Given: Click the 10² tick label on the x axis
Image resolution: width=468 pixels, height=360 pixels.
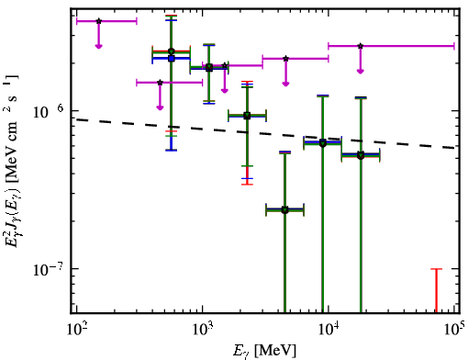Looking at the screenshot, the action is (76, 329).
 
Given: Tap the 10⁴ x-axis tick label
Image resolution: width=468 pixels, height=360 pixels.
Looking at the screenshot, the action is (329, 329).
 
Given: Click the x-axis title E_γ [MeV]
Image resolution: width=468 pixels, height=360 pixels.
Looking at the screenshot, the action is (264, 351).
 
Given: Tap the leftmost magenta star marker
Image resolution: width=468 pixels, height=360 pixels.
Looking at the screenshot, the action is (98, 21).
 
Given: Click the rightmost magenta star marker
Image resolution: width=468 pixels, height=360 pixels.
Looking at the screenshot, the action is (361, 46).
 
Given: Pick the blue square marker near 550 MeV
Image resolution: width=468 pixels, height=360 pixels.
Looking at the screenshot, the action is (172, 59).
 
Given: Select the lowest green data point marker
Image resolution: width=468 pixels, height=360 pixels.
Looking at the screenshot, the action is (285, 210).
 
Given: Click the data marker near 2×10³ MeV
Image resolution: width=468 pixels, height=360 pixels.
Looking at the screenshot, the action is (247, 116).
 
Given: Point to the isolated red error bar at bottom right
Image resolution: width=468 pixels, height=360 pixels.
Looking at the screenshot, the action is (437, 291).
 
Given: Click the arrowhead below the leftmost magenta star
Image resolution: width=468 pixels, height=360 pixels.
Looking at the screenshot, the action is (98, 46).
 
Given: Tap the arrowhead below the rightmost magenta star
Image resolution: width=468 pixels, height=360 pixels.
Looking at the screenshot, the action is (361, 71).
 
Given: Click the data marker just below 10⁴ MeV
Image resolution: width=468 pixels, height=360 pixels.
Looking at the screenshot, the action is (323, 143).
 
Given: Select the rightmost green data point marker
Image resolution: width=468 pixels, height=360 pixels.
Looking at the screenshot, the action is (361, 155).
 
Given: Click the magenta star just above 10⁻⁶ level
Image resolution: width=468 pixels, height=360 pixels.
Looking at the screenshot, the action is (160, 83).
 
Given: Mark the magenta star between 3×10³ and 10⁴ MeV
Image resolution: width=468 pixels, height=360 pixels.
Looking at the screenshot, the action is (285, 59).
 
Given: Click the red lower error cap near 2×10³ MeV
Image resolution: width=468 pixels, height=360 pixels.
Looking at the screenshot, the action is (247, 185).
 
